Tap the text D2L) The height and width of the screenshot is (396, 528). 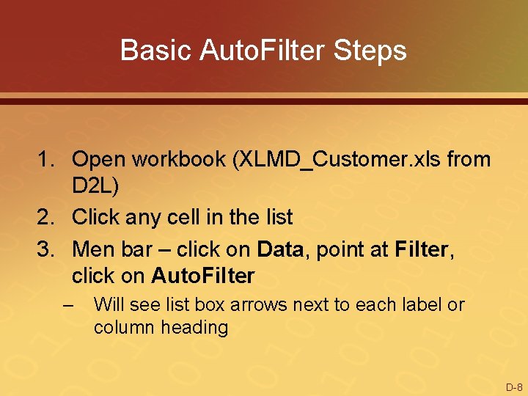(x=95, y=188)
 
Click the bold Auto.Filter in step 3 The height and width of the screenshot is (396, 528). (x=203, y=276)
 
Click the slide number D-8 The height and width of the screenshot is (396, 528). (x=513, y=386)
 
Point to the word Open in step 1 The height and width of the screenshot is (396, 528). (x=98, y=159)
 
